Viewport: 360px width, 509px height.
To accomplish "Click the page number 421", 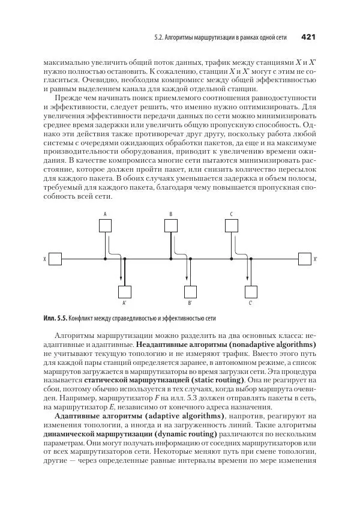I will (x=308, y=37).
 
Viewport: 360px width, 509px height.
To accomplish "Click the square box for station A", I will (x=105, y=226).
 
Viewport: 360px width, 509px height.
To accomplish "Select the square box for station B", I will (x=171, y=226).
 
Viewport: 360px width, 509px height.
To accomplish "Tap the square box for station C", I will (x=232, y=226).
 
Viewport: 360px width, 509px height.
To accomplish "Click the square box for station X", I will (x=55, y=259).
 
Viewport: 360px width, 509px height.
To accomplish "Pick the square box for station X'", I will (x=304, y=259).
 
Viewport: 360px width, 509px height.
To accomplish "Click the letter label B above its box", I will (x=171, y=214).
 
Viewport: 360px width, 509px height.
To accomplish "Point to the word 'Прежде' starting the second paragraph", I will (x=66, y=97).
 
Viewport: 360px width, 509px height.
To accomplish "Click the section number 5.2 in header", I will (x=158, y=38).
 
